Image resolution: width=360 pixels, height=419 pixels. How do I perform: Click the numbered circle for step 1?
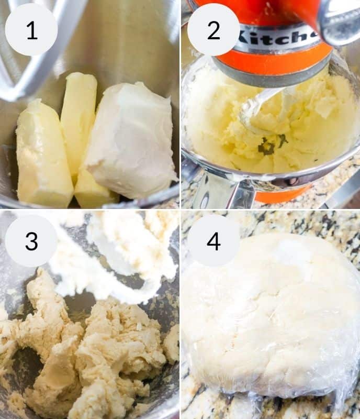(x=31, y=30)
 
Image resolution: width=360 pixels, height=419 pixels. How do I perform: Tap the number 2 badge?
(x=213, y=30)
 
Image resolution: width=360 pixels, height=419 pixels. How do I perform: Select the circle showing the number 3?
(x=31, y=240)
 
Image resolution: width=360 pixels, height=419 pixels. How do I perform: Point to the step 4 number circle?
(x=213, y=240)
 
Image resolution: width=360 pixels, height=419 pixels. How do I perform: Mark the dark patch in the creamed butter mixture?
(x=268, y=147)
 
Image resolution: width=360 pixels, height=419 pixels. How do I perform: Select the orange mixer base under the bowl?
(x=283, y=196)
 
